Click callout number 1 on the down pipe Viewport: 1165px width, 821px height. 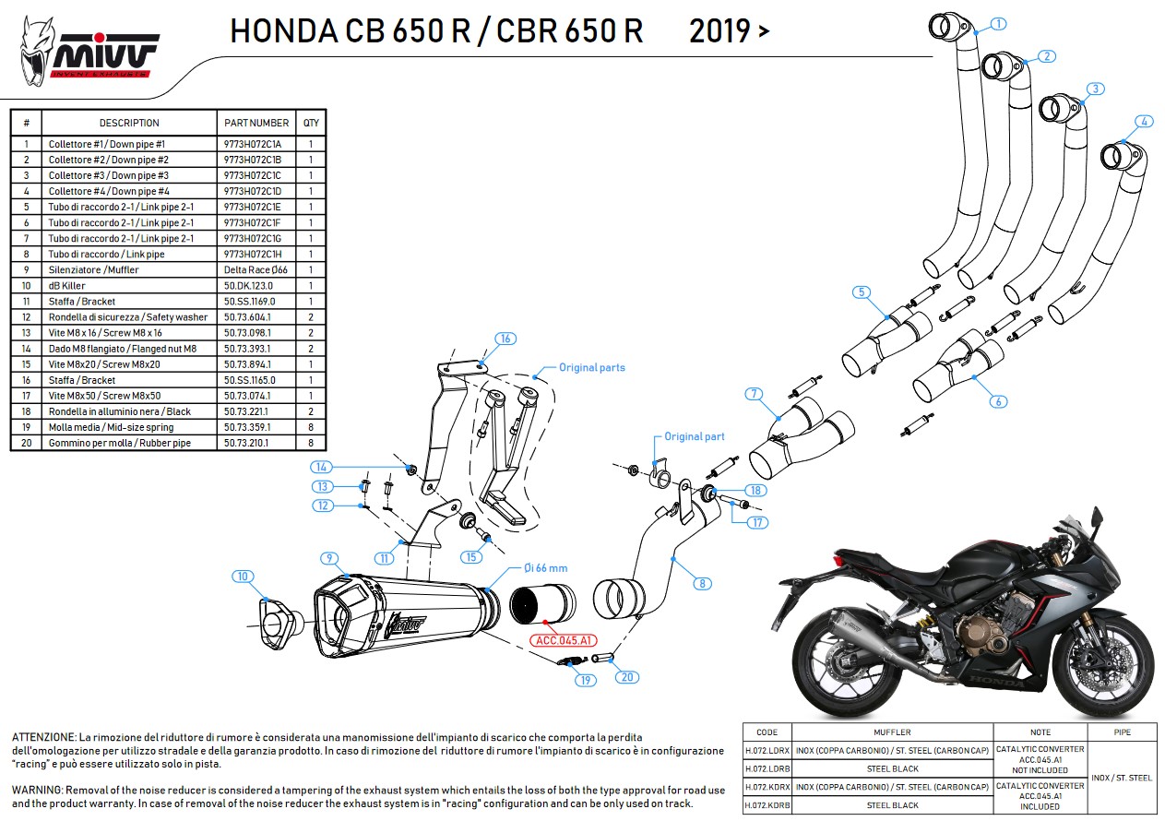(999, 24)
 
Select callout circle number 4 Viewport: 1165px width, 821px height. (1143, 121)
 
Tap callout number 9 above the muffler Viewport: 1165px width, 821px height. (327, 557)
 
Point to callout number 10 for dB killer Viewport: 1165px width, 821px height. (242, 577)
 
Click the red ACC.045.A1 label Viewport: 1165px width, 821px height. (562, 640)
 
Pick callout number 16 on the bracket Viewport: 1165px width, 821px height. (505, 339)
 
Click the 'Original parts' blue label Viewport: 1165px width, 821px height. (591, 368)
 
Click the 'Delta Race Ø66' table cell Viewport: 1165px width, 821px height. (256, 270)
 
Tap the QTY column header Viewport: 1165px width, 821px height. (311, 123)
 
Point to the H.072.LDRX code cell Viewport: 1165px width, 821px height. (766, 750)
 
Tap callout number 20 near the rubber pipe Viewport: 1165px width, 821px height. (626, 676)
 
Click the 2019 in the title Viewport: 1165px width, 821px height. (719, 31)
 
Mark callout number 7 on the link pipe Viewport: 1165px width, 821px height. (754, 395)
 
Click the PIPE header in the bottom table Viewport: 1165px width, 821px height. (1122, 732)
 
